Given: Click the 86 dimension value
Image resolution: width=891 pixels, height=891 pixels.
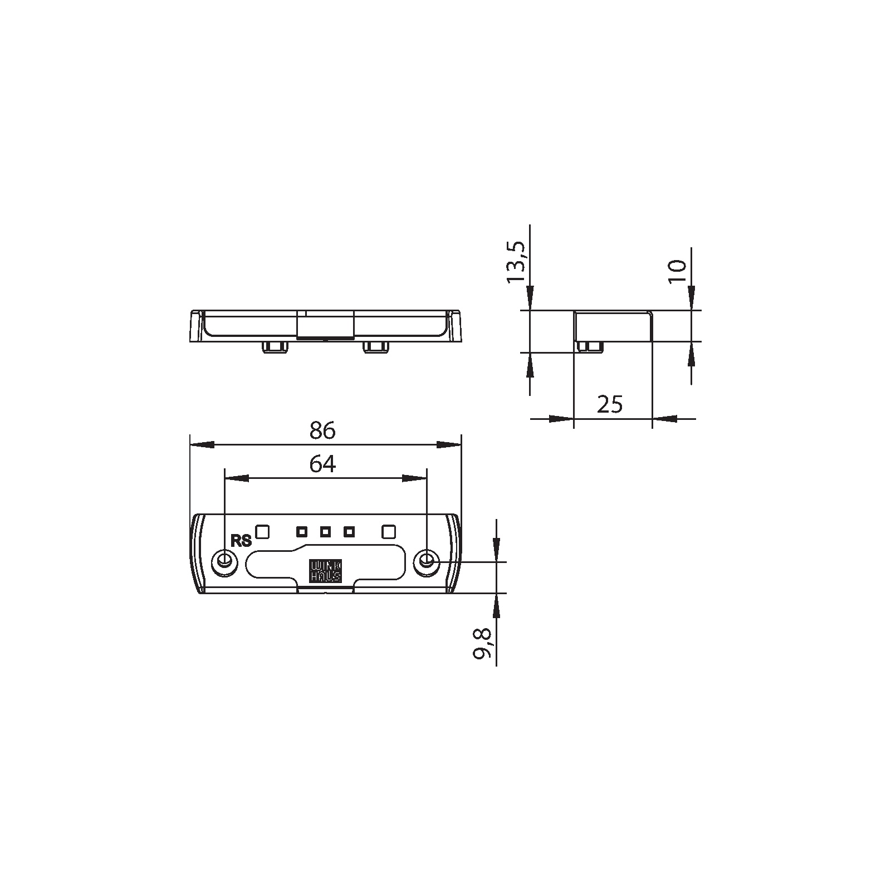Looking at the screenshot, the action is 323,431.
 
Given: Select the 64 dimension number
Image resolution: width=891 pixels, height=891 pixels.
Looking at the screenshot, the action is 323,464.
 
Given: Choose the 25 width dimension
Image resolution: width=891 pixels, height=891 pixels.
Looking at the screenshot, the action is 610,404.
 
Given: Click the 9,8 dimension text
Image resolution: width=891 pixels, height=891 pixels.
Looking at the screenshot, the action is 482,644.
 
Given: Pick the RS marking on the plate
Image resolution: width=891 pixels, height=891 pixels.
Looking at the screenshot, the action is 241,541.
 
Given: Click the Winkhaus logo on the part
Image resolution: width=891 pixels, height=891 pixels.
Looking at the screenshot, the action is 326,571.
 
